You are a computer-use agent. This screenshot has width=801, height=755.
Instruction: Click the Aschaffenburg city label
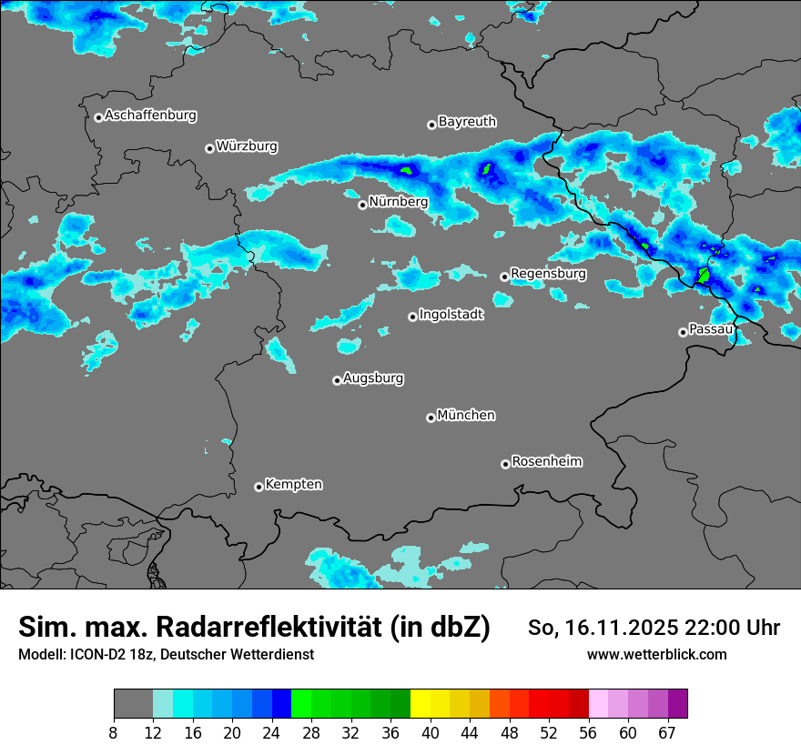click(x=150, y=116)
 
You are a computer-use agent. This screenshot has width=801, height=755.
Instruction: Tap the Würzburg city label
click(x=247, y=146)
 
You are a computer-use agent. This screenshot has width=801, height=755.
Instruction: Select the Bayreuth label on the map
click(x=467, y=122)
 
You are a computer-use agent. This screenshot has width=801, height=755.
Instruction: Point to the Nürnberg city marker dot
click(x=362, y=205)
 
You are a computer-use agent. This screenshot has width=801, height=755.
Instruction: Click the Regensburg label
click(x=548, y=274)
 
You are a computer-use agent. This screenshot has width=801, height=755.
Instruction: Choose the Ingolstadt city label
click(x=451, y=315)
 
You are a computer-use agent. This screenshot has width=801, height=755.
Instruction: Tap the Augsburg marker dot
click(x=337, y=380)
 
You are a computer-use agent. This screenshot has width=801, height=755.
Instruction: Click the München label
click(x=466, y=416)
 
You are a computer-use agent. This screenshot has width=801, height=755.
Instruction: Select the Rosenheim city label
click(x=546, y=462)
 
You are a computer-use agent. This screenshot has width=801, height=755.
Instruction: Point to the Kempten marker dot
click(x=259, y=487)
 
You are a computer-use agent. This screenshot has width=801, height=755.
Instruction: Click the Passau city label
click(x=711, y=329)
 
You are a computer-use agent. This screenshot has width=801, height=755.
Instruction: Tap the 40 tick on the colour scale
click(x=431, y=732)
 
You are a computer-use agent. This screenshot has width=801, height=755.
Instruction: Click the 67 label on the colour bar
click(x=667, y=732)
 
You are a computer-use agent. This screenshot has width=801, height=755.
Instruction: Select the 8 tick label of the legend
click(x=114, y=732)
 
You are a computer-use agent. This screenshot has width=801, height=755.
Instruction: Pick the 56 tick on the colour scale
click(x=589, y=732)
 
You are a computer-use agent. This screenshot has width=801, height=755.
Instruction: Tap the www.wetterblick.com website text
click(x=656, y=654)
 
